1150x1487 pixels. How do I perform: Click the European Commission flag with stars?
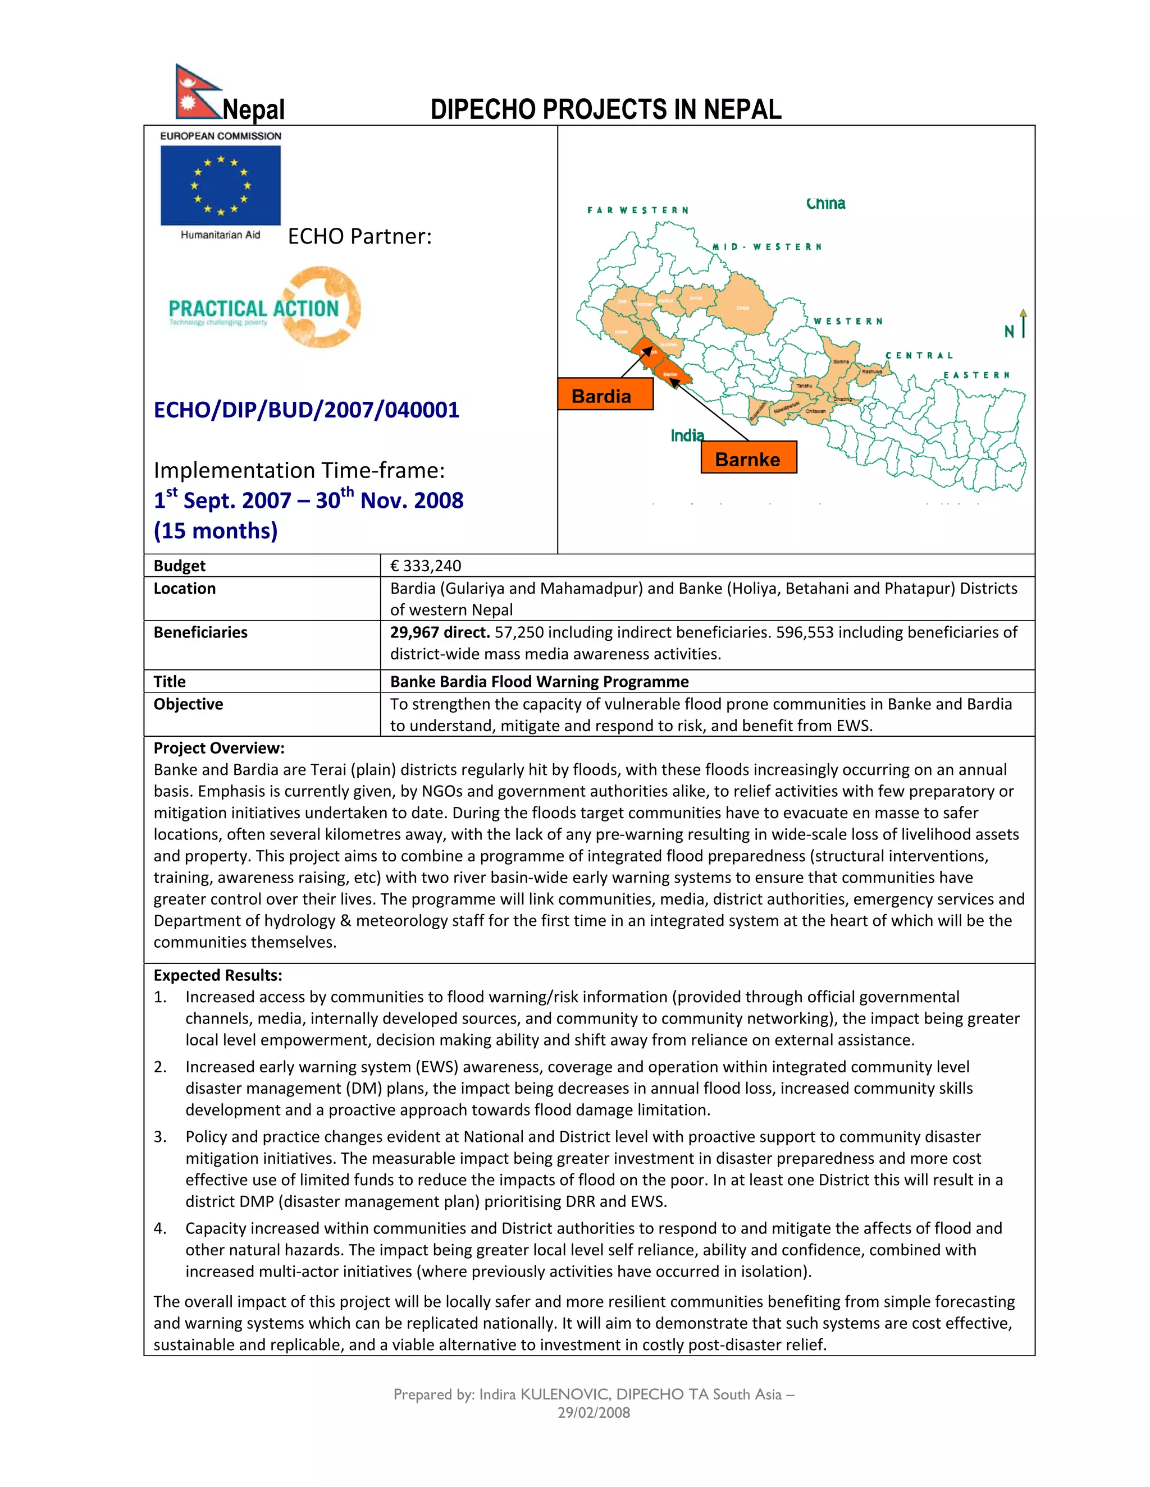(220, 185)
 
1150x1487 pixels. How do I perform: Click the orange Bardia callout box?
(605, 394)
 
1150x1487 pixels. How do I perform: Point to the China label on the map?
(825, 204)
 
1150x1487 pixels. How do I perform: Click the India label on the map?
(687, 435)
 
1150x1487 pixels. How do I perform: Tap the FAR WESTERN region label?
(638, 210)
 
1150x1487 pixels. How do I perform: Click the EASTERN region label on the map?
(976, 375)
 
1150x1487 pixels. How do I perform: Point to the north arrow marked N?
(1016, 325)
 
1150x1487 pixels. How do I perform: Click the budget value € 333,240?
(425, 566)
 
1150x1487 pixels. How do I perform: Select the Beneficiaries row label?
(200, 632)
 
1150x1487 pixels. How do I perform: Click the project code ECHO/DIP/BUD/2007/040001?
(307, 410)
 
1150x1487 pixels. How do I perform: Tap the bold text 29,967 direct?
(440, 632)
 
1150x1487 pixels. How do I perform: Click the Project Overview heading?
(218, 748)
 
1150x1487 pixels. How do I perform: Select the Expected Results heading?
(217, 975)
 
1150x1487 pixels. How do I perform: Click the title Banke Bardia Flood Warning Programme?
(539, 682)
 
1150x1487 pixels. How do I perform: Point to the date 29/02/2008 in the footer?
(594, 1413)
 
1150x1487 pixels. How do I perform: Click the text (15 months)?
(215, 530)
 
